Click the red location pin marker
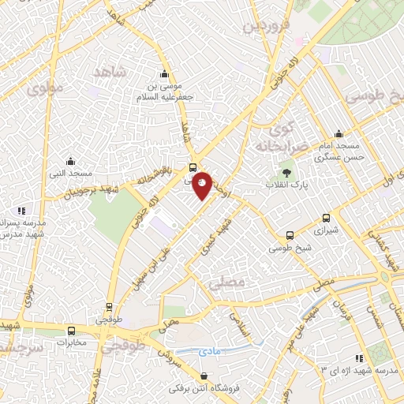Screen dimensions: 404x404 pos(203,185)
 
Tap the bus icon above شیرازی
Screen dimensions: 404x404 pos(326,219)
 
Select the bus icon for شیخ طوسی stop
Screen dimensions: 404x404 pos(290,235)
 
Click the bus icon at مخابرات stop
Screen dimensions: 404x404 pos(72,331)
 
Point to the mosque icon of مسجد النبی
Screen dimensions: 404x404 pos(70,161)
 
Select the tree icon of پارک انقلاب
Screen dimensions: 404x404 pos(286,173)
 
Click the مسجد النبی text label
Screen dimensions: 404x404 pos(70,173)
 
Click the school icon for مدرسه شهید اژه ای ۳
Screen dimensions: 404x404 pos(359,357)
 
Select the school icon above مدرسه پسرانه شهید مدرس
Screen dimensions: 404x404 pos(21,210)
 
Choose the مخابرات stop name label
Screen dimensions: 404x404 pos(72,343)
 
